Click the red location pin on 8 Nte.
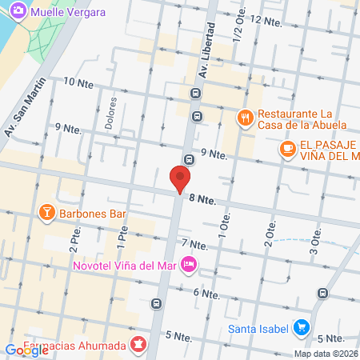click(x=181, y=178)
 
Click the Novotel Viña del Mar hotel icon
click(x=189, y=263)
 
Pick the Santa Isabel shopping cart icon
click(x=301, y=327)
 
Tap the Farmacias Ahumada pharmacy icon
click(x=138, y=346)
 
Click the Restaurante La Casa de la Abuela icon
click(x=246, y=118)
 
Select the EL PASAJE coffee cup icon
click(x=286, y=148)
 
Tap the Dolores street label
click(x=111, y=114)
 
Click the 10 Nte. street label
click(x=78, y=82)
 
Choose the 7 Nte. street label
click(x=194, y=243)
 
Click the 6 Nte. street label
click(x=206, y=293)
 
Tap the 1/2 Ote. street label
click(x=237, y=27)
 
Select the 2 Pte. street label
click(x=74, y=235)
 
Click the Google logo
click(x=26, y=350)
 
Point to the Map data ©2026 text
click(x=325, y=354)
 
